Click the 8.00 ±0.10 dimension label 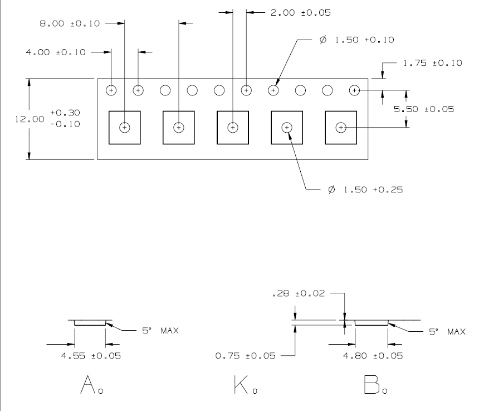70,23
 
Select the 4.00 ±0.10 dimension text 56,52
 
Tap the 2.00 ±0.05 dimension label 301,12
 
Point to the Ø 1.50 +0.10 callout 357,40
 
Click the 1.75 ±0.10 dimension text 433,63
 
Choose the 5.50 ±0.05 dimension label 424,109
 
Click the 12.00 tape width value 30,119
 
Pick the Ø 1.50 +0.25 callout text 365,190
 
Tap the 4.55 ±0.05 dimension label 91,356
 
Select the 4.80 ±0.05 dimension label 373,356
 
